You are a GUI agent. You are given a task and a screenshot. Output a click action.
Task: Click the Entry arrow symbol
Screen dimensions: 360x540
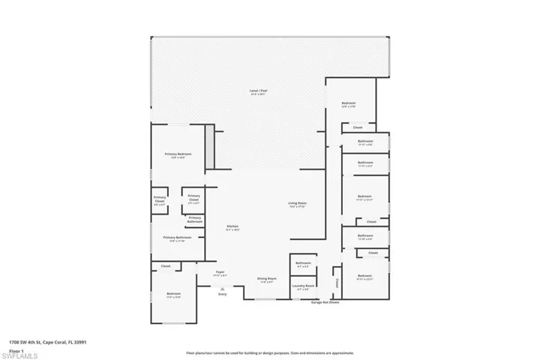point(222,289)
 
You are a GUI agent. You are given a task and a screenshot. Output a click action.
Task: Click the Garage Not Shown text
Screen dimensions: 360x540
point(325,303)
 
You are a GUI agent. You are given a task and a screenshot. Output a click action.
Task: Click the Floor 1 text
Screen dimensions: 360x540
point(16,349)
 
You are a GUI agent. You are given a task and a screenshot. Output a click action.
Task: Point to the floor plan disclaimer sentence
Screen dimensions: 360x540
point(269,352)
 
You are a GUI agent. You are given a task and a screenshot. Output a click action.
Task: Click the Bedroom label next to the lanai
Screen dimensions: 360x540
point(348,104)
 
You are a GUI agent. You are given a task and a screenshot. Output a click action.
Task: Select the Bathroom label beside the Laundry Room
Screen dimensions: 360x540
point(303,263)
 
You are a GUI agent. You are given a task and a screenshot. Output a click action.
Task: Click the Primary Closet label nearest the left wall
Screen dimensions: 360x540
point(160,201)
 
